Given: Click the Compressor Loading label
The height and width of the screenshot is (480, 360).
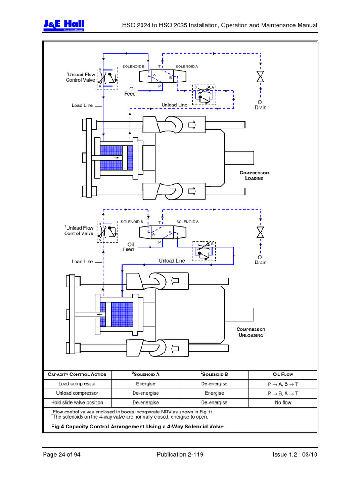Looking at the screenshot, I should point(254,175).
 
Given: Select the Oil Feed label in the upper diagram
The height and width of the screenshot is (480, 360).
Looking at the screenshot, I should point(129,91).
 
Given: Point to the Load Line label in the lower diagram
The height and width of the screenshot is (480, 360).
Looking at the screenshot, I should point(82,262).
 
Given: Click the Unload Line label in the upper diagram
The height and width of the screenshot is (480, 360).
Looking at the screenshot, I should point(174,105).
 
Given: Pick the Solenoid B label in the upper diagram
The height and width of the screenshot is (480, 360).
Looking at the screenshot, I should point(134,67).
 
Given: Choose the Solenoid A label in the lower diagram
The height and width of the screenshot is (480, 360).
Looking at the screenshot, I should point(187,221).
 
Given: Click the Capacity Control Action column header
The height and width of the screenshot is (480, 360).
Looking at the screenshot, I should point(77,375).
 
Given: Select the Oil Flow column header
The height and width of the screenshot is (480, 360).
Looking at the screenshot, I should point(283,375).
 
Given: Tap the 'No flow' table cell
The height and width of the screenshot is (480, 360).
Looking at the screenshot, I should point(283,403).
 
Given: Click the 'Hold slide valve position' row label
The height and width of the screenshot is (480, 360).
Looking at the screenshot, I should point(77,403).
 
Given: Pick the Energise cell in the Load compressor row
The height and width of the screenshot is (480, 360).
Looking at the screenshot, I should point(146,384).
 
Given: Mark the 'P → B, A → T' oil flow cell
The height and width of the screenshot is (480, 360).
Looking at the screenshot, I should point(283,393).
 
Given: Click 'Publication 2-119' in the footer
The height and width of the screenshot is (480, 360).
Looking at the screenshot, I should point(180,454).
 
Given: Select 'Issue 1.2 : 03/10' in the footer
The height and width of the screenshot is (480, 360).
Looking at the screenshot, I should point(295,454).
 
